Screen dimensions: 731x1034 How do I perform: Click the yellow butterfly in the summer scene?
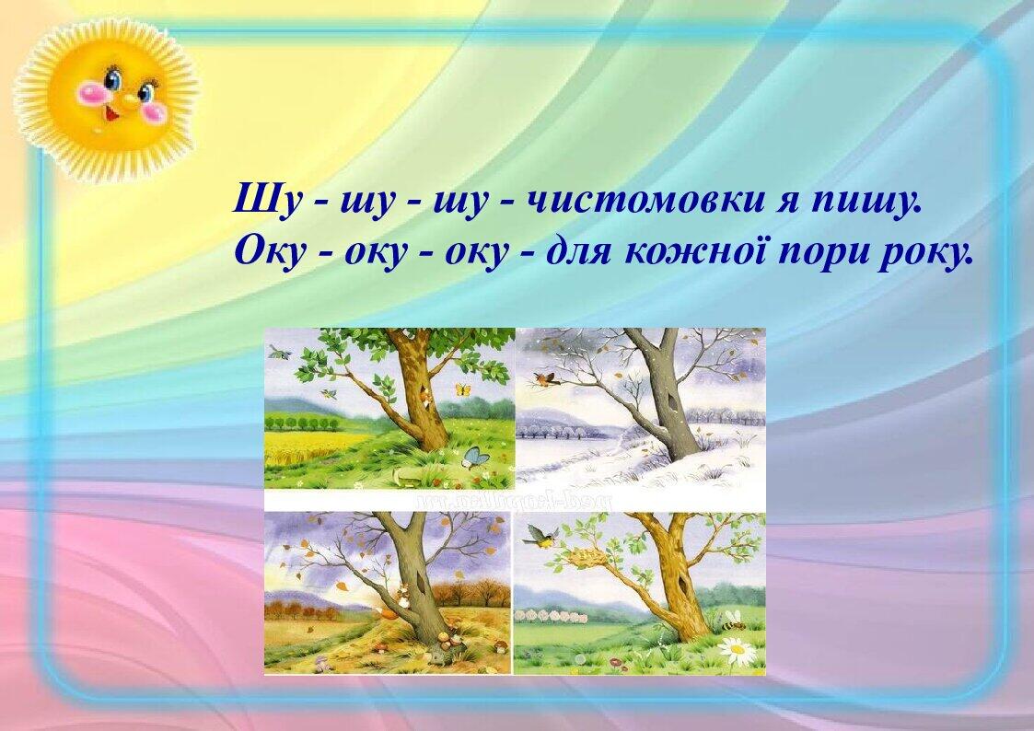click(463, 389)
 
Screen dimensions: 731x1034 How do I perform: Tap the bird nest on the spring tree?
click(589, 556)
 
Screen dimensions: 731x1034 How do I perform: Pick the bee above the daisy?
click(734, 621)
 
